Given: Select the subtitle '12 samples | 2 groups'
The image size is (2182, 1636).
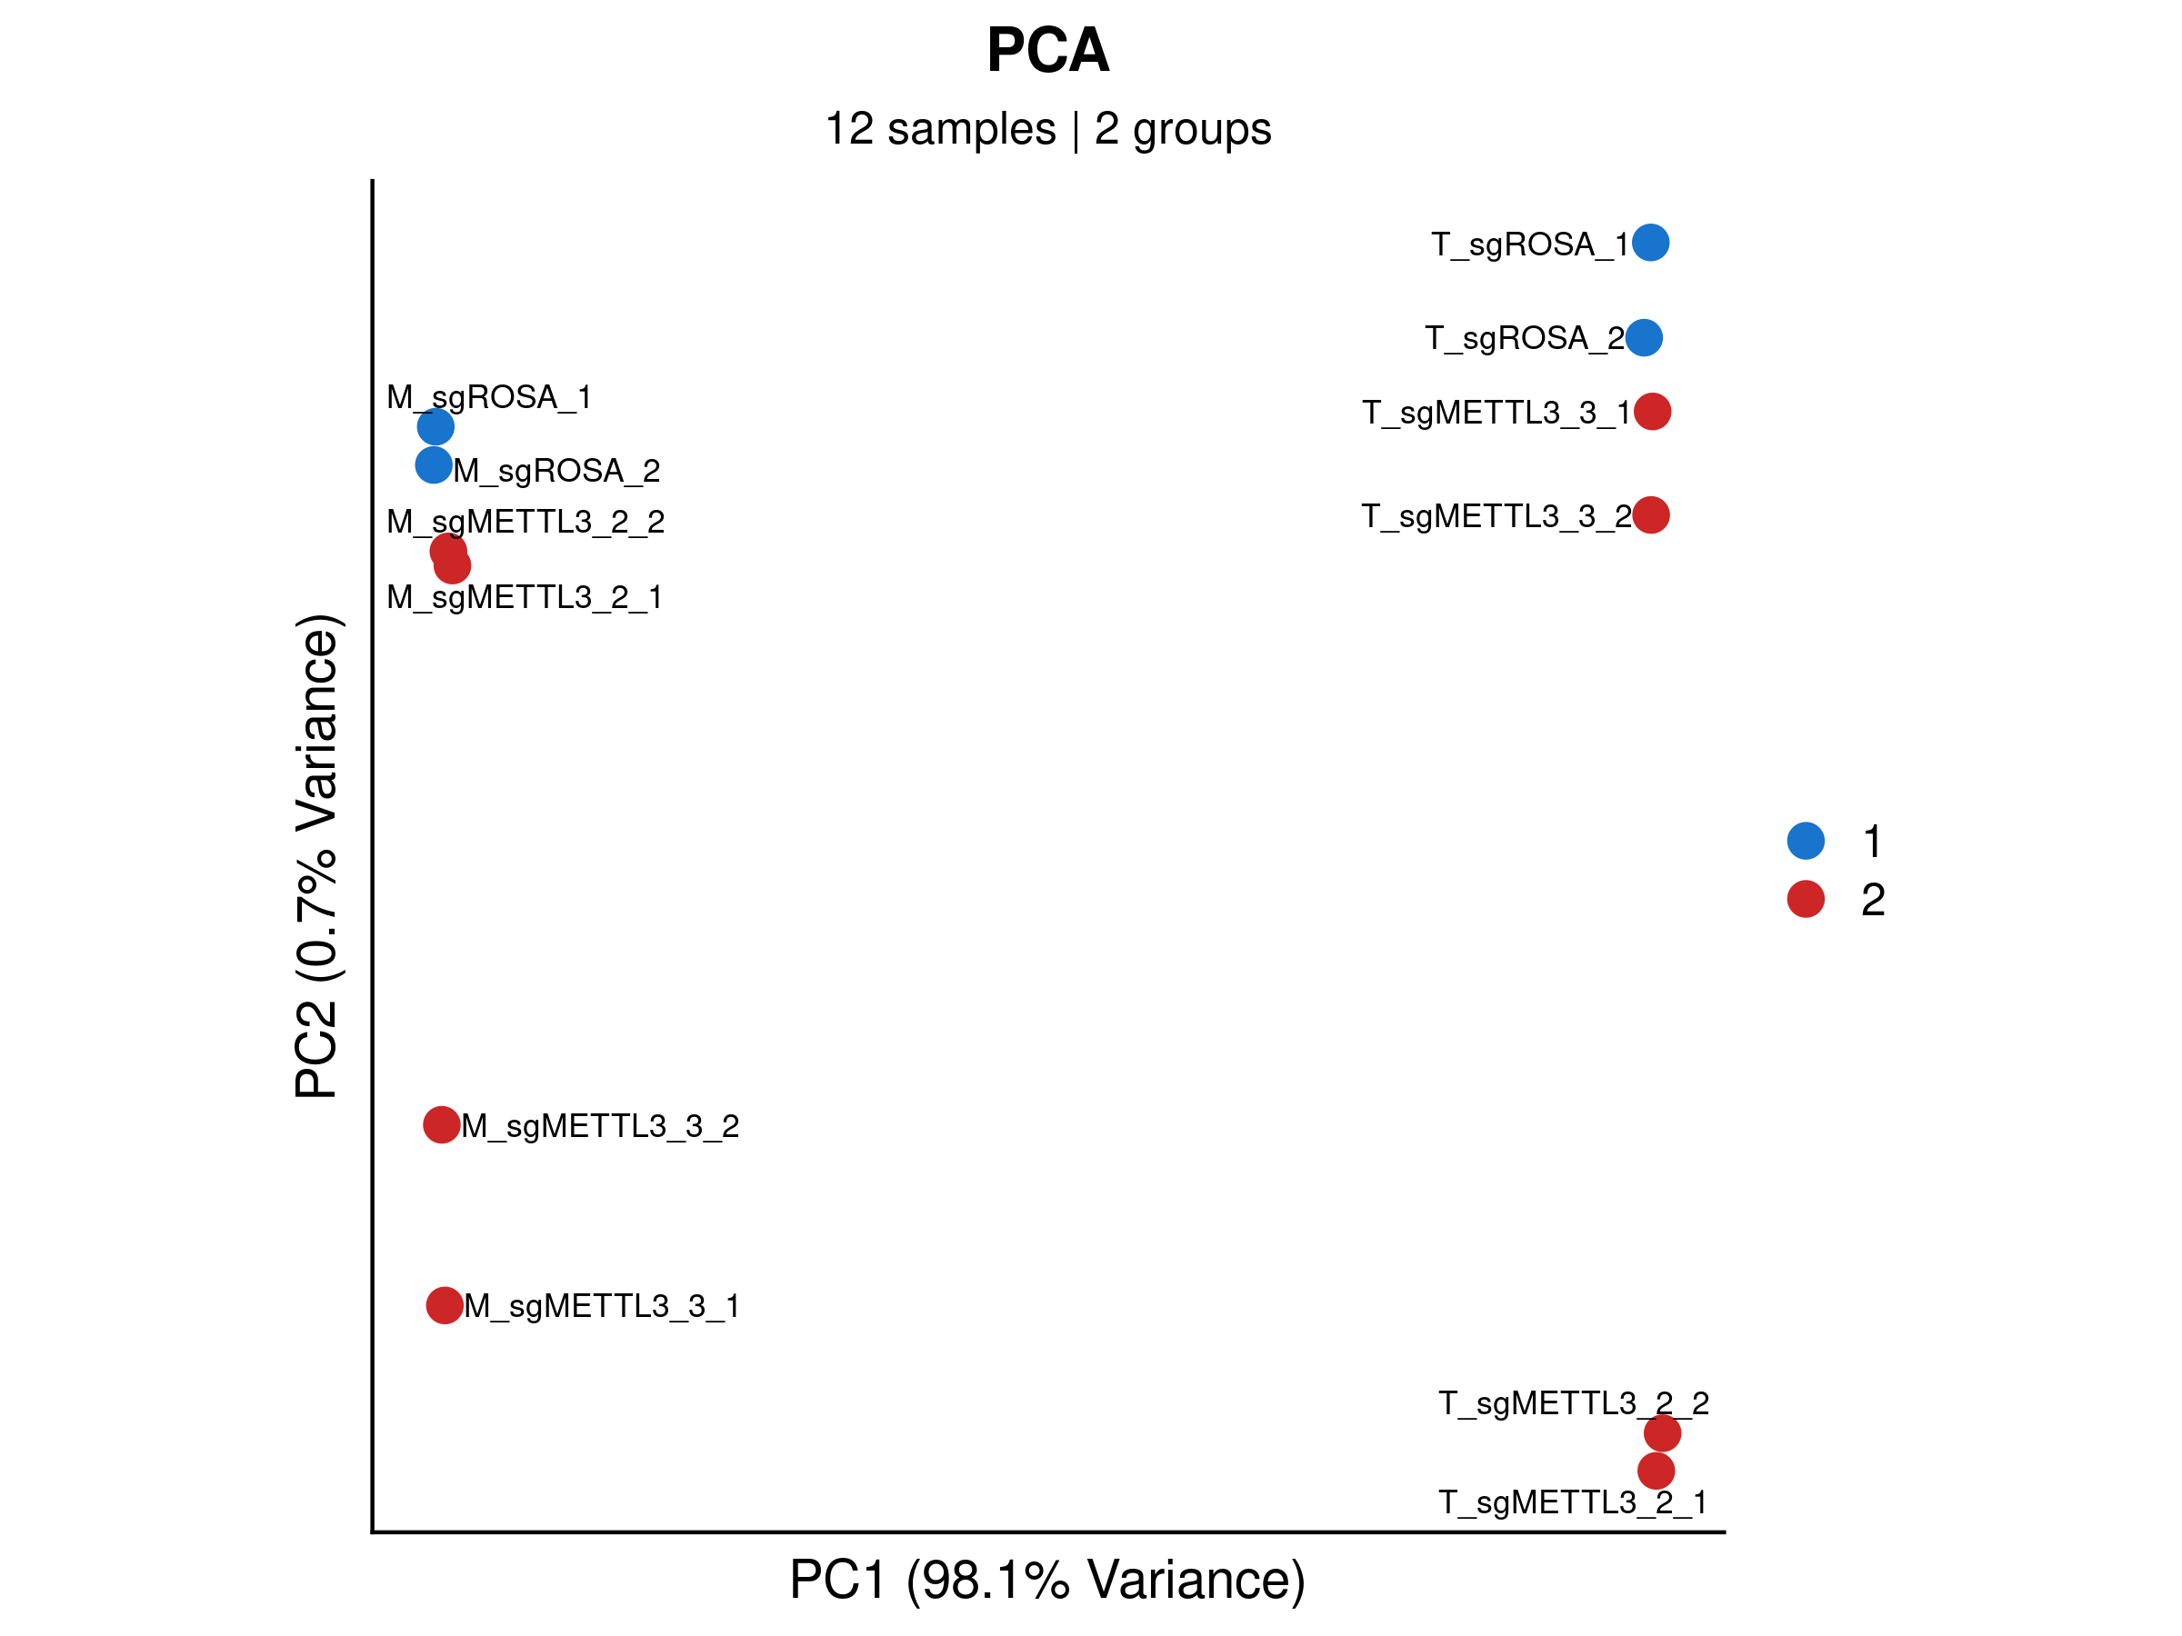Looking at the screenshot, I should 1047,129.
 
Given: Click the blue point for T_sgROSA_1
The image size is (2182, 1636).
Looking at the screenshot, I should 1650,243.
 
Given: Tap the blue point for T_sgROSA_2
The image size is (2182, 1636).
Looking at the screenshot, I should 1644,337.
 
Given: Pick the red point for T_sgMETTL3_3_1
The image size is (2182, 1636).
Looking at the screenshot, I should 1652,411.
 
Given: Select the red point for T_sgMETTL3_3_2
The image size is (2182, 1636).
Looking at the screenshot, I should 1651,514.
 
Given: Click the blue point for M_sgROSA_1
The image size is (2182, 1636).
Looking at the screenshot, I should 435,427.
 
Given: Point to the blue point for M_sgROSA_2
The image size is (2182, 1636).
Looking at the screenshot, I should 433,464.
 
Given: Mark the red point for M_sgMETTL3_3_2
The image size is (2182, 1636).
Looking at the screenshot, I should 441,1124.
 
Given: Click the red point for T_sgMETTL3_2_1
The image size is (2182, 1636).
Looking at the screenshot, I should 1657,1471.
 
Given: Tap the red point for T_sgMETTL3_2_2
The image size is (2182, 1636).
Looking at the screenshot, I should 1662,1432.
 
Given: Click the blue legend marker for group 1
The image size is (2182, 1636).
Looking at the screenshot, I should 1806,840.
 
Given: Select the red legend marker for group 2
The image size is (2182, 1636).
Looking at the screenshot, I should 1806,898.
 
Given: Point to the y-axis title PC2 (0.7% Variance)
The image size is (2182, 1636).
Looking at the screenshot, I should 316,856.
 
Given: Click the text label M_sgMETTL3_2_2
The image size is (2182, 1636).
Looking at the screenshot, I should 525,521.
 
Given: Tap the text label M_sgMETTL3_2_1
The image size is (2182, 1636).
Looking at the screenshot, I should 524,596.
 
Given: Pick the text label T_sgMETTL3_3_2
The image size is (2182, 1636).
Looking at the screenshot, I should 1496,515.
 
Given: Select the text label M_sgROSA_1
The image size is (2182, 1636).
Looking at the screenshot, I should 488,396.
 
